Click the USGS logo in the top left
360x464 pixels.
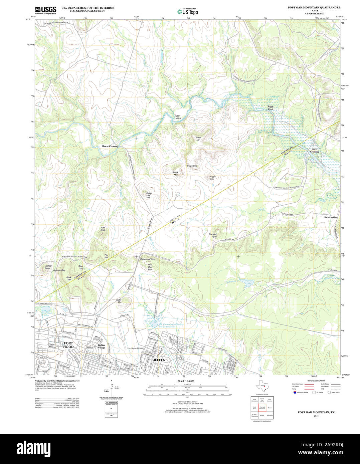tap(45, 10)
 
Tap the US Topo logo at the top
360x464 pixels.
tap(187, 11)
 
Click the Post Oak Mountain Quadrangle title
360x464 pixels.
tap(314, 7)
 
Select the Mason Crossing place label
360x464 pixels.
tap(110, 146)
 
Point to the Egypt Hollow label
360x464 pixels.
tap(178, 117)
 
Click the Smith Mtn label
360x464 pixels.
tap(198, 139)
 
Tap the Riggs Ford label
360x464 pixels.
tap(270, 108)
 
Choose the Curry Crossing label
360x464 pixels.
tap(314, 150)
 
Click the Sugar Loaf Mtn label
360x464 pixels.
tap(149, 195)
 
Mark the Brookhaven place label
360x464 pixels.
tap(330, 217)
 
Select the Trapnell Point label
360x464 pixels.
tap(213, 235)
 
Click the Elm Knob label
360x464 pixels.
tap(103, 229)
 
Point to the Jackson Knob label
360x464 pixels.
tap(48, 267)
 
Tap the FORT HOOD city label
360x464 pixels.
tap(68, 345)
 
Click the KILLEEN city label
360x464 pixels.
tap(158, 360)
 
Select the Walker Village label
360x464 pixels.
tap(101, 346)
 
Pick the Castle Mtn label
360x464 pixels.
tap(119, 301)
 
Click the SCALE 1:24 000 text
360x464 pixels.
tap(186, 381)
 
